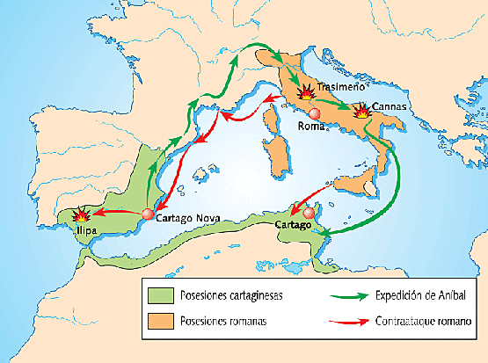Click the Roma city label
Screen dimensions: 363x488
311,126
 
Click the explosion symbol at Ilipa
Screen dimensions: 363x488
81,215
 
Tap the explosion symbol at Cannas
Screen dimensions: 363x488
361,112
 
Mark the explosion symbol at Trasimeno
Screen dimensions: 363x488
307,91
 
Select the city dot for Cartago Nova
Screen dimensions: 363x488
148,214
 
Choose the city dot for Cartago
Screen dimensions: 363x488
308,213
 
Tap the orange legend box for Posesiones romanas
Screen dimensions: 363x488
160,322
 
